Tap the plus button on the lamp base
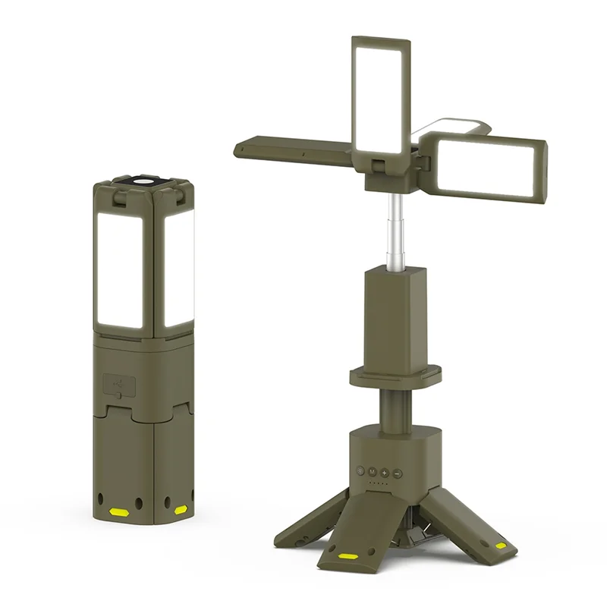tap(385, 472)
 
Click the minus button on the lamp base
tap(398, 472)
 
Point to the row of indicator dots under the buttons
tap(378, 484)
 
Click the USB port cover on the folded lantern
tap(115, 385)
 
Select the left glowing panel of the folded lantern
tap(120, 269)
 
